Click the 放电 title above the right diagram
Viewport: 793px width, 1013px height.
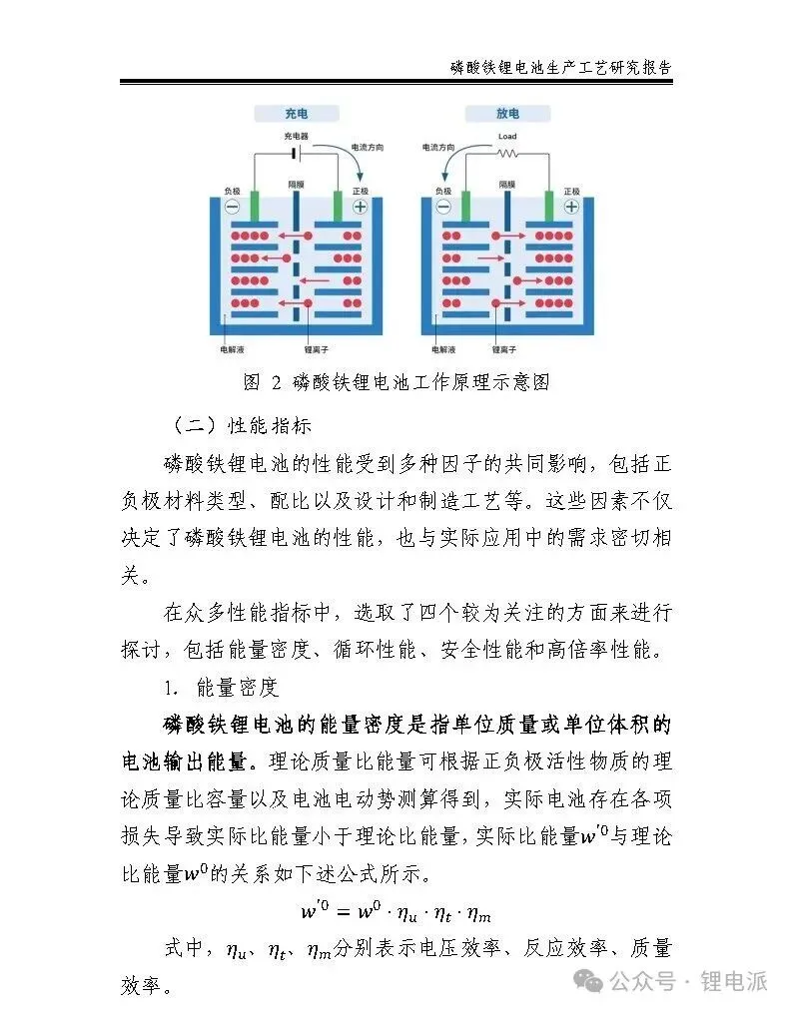pyautogui.click(x=507, y=114)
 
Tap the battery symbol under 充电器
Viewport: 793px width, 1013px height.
pyautogui.click(x=296, y=153)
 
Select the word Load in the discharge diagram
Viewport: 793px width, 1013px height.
pyautogui.click(x=507, y=136)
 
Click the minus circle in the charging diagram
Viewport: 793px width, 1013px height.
pyautogui.click(x=232, y=207)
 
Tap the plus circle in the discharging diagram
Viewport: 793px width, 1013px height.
pyautogui.click(x=570, y=207)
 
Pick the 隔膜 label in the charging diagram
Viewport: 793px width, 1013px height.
pyautogui.click(x=296, y=185)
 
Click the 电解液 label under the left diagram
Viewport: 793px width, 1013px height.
pyautogui.click(x=232, y=351)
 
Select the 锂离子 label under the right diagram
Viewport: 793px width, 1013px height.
pyautogui.click(x=504, y=351)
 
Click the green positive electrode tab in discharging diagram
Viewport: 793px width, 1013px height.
pyautogui.click(x=548, y=206)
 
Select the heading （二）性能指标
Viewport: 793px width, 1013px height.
pyautogui.click(x=242, y=424)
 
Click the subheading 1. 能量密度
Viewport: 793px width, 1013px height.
pyautogui.click(x=222, y=688)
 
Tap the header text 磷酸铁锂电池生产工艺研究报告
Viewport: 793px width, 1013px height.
pyautogui.click(x=560, y=68)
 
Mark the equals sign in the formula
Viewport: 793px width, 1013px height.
pyautogui.click(x=334, y=912)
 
